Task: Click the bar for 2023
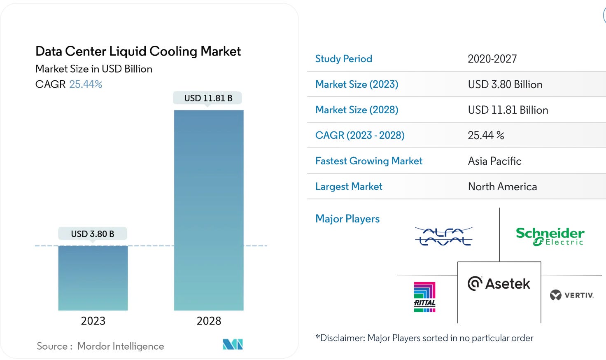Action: [93, 278]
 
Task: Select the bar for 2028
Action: [209, 210]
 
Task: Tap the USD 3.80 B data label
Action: [93, 234]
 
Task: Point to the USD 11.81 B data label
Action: [208, 98]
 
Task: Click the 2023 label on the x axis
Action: [93, 321]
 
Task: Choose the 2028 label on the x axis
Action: [209, 321]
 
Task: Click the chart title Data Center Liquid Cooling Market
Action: [138, 51]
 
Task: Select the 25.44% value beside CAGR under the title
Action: [86, 84]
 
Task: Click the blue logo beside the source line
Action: [233, 344]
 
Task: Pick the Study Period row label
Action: [344, 59]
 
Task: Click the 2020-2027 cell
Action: [492, 59]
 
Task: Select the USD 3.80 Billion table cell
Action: [505, 84]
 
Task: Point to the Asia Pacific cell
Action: [494, 161]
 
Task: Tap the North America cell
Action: [502, 187]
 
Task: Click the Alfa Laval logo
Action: [443, 236]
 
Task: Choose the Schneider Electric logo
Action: [550, 236]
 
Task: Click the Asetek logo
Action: [499, 284]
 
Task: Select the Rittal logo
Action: [424, 297]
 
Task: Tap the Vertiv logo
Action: [572, 295]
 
